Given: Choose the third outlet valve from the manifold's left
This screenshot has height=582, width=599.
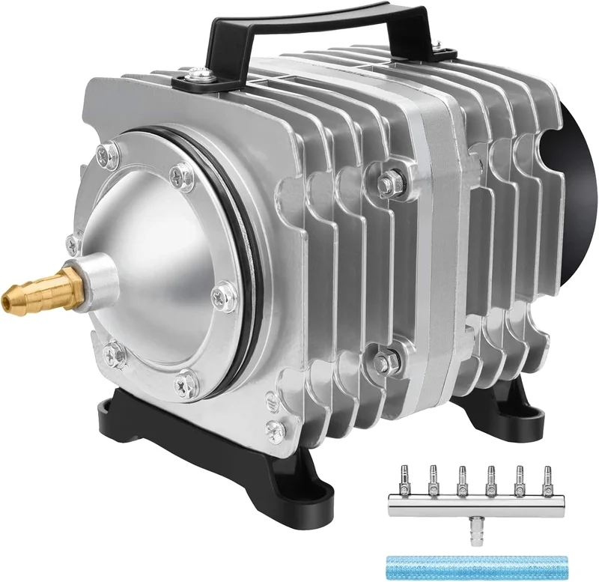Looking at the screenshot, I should coord(462,479).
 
